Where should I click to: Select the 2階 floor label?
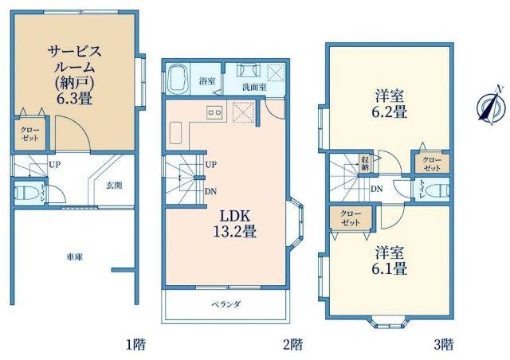292,345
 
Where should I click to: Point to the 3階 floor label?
444,345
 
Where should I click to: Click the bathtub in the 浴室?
178,81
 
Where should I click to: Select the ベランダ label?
226,304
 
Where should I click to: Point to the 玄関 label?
114,186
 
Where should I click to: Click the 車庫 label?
75,256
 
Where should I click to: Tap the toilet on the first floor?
22,192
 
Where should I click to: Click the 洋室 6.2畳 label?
391,104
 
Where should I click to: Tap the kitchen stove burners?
214,112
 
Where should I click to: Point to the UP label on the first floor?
55,165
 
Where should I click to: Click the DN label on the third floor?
375,189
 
